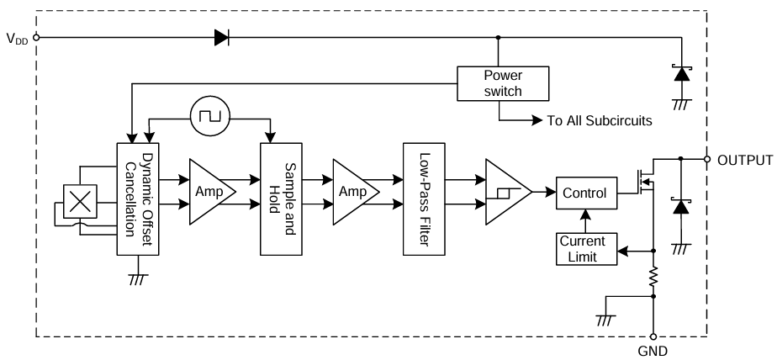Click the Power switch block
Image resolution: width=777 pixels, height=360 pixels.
tap(503, 82)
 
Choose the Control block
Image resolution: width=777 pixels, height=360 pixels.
tap(584, 193)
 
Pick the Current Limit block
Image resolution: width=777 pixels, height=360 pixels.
tap(586, 249)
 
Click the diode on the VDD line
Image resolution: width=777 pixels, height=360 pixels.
tap(222, 37)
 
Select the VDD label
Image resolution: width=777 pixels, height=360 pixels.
tap(17, 38)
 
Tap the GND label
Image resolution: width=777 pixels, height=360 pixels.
tap(653, 352)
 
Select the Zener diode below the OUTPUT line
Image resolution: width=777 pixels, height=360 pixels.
tap(679, 206)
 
